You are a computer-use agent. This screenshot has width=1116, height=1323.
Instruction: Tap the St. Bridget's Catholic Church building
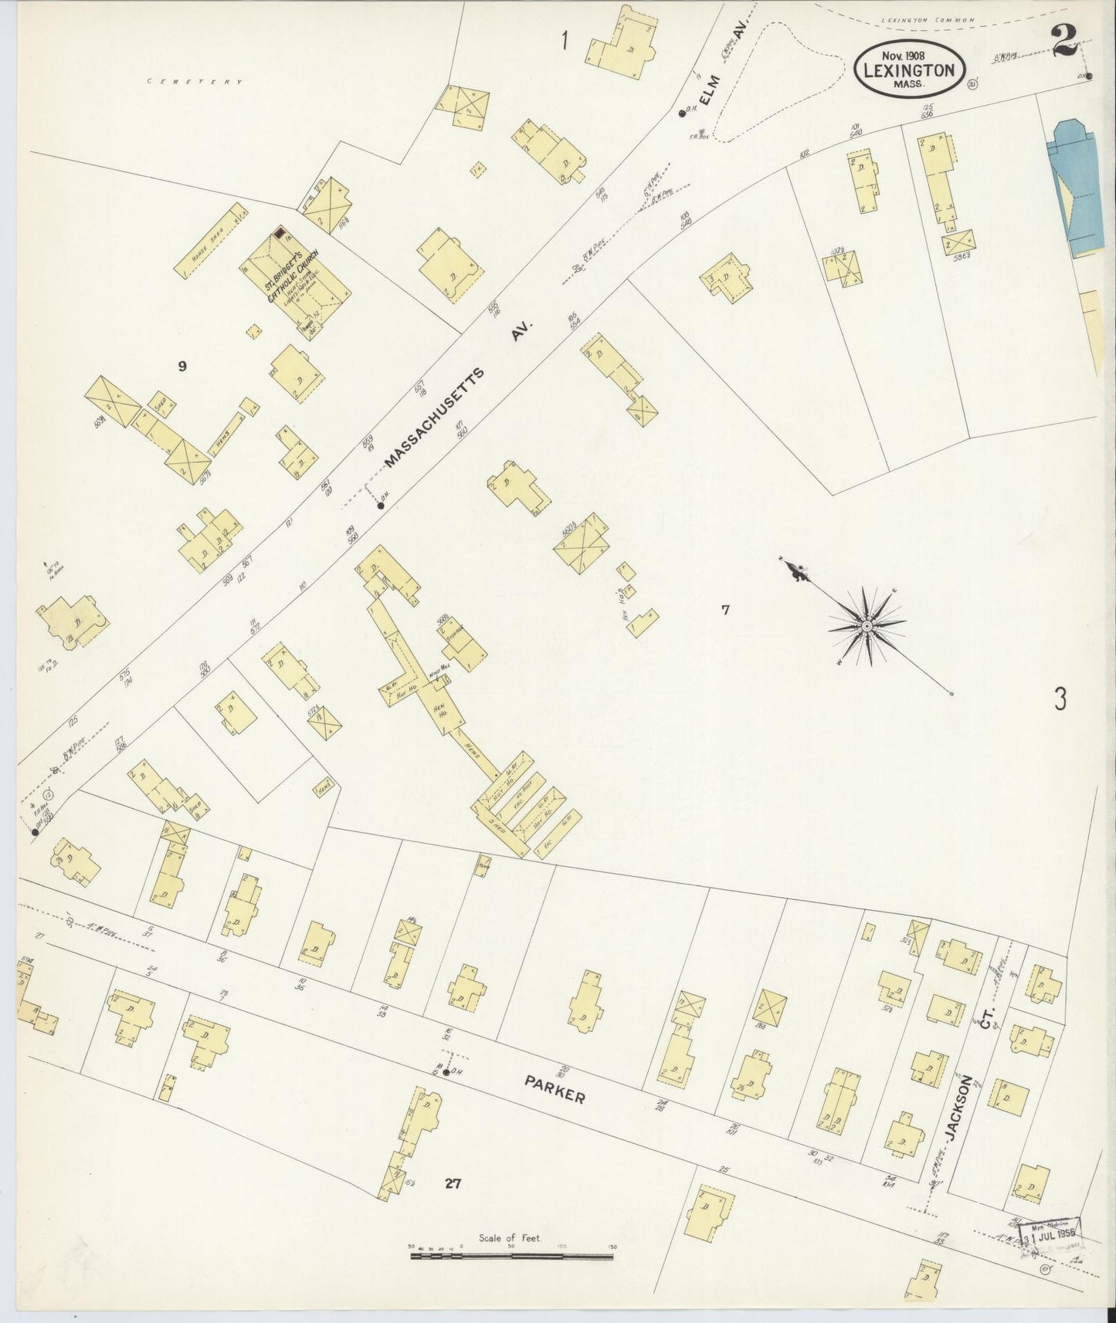297,282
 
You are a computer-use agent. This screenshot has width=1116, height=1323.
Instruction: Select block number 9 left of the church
182,367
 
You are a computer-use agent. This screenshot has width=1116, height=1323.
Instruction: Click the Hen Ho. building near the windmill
442,707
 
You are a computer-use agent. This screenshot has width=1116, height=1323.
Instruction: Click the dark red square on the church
280,232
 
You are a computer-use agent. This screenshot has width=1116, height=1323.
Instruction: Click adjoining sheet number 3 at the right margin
1060,700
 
